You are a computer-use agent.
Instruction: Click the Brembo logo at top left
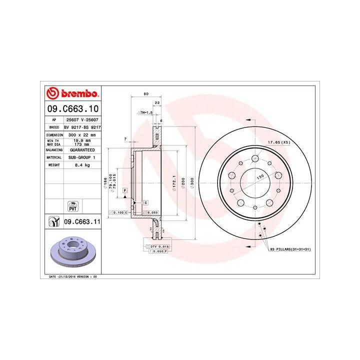pyautogui.click(x=72, y=93)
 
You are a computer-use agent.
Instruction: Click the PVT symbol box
pyautogui.click(x=72, y=205)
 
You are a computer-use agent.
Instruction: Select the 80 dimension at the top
pyautogui.click(x=146, y=93)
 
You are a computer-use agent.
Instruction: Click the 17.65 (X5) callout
pyautogui.click(x=278, y=142)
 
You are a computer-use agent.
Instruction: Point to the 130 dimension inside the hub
pyautogui.click(x=260, y=176)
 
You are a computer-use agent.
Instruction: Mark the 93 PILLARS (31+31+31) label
pyautogui.click(x=290, y=248)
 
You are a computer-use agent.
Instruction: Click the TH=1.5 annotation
pyautogui.click(x=145, y=113)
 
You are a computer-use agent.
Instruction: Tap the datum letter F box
pyautogui.click(x=123, y=191)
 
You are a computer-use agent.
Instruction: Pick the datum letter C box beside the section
pyautogui.click(x=145, y=202)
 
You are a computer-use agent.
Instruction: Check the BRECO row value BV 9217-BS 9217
pyautogui.click(x=83, y=127)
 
